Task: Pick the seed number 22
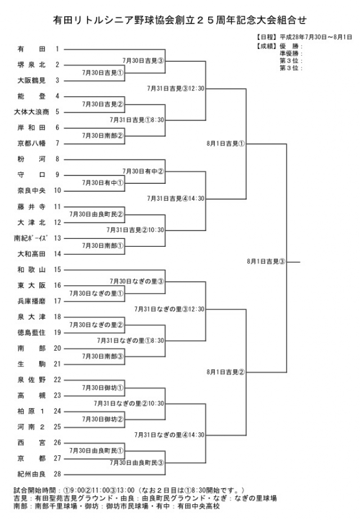pos(57,379)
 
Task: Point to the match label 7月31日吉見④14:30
pos(176,198)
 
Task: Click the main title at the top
pos(179,20)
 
